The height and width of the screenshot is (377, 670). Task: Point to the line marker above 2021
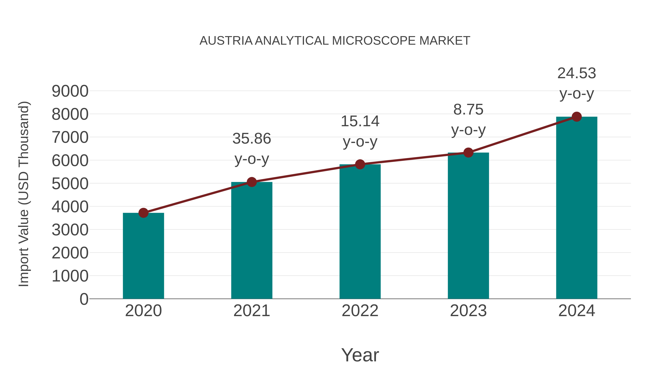pos(252,182)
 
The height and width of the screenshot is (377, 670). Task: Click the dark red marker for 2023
pos(468,153)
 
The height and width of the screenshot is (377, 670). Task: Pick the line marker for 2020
pos(143,213)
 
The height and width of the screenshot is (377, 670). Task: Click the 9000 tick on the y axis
pos(70,91)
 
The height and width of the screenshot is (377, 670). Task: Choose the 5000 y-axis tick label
pos(70,184)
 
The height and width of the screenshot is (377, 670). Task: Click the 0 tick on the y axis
pos(84,299)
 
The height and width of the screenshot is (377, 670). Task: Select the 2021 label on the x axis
pos(252,311)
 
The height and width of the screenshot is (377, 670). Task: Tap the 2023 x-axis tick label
pos(468,311)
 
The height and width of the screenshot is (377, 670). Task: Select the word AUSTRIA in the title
pos(226,41)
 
